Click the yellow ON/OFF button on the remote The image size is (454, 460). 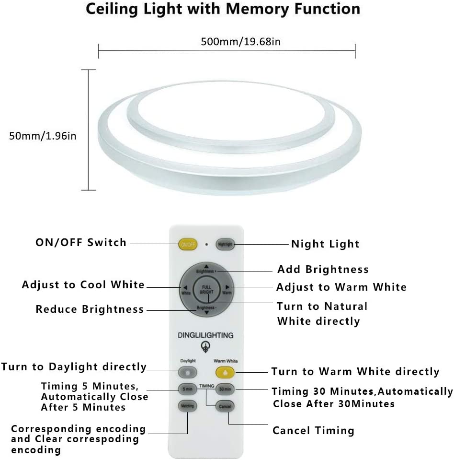click(188, 245)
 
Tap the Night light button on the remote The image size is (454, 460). click(225, 245)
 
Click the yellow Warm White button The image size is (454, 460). click(225, 372)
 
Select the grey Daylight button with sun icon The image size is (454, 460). click(187, 372)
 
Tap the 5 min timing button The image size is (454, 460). click(187, 389)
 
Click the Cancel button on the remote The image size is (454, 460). click(225, 406)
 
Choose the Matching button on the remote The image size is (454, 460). click(187, 406)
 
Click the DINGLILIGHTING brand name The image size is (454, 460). click(206, 335)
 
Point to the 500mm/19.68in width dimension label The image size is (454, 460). click(241, 42)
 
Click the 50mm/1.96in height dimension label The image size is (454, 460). click(43, 136)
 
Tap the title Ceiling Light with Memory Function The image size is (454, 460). click(223, 9)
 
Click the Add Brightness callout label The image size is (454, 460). click(323, 269)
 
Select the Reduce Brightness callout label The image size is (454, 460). click(90, 309)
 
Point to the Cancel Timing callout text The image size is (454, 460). click(313, 431)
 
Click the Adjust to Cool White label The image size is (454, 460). click(83, 285)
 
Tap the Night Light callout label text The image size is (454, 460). click(325, 244)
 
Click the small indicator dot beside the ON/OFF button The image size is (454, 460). click(206, 245)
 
